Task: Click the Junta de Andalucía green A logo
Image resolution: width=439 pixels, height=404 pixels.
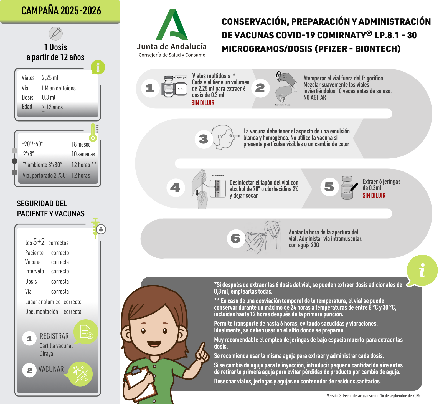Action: point(172,25)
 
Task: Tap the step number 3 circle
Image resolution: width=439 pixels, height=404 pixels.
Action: point(204,139)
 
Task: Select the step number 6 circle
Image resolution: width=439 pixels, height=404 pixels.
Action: point(236,238)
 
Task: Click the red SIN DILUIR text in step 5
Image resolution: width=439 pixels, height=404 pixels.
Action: point(374,196)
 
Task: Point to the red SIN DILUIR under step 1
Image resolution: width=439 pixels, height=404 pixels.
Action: point(203,103)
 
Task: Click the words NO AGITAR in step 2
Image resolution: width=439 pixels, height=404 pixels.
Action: point(314,97)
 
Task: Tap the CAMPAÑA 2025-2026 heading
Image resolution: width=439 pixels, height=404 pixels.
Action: point(61,11)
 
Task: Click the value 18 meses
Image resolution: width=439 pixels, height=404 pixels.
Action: point(81,144)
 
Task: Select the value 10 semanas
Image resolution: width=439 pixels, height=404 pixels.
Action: point(83,154)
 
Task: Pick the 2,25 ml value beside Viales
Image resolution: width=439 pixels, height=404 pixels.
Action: point(50,78)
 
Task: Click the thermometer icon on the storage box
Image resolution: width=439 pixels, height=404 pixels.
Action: point(93,133)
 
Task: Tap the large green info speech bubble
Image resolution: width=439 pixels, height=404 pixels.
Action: point(422,271)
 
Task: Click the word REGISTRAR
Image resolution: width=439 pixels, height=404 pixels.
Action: point(54,336)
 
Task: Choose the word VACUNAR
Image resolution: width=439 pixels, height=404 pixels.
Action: point(51,369)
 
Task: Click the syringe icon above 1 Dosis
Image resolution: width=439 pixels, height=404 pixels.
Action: point(56,34)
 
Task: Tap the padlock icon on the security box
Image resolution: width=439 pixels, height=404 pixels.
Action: point(101,229)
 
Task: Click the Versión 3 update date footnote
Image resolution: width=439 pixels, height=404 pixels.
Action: point(373,396)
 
